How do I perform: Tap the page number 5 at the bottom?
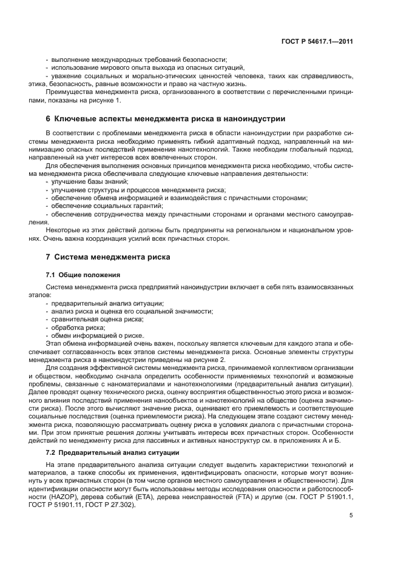click(x=351, y=515)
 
